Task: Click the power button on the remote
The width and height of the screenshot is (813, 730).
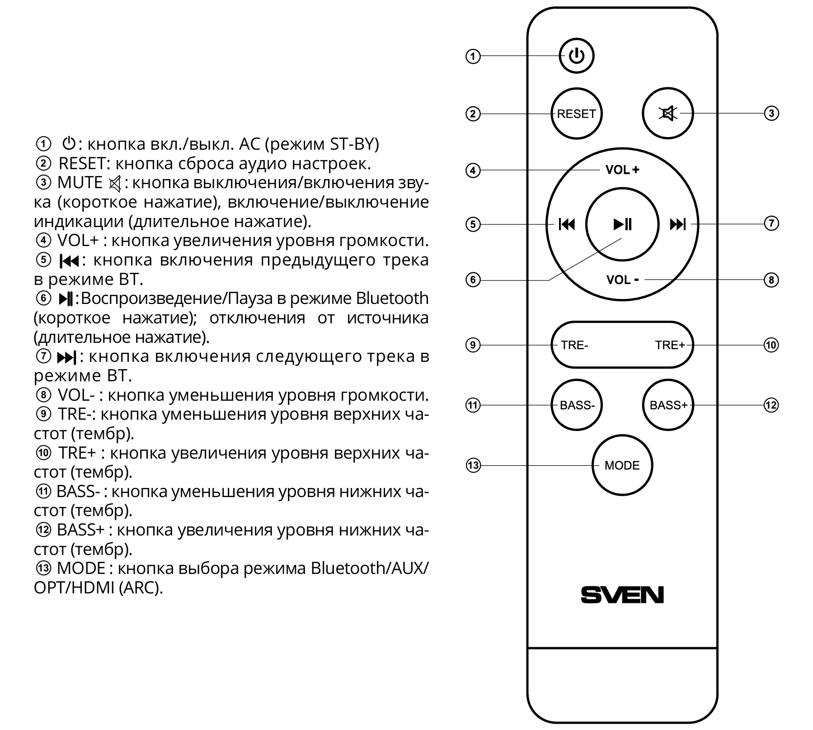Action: pyautogui.click(x=576, y=56)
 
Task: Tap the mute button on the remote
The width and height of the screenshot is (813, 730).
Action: pyautogui.click(x=667, y=113)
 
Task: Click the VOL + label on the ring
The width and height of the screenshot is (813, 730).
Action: pyautogui.click(x=622, y=170)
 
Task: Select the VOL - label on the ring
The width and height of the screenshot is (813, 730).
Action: pyautogui.click(x=622, y=280)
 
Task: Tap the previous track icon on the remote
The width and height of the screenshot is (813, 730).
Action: pyautogui.click(x=567, y=224)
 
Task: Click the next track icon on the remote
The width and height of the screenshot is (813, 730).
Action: pyautogui.click(x=678, y=224)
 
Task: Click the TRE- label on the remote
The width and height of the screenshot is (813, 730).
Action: pyautogui.click(x=574, y=345)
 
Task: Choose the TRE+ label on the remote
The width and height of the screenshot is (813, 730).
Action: pyautogui.click(x=670, y=345)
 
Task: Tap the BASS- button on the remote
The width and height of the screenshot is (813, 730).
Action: pyautogui.click(x=577, y=405)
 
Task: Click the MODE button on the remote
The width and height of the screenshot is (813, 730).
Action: pyautogui.click(x=622, y=465)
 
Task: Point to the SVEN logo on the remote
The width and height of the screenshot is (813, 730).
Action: pyautogui.click(x=622, y=594)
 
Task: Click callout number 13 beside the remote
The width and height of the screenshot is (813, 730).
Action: pyautogui.click(x=473, y=465)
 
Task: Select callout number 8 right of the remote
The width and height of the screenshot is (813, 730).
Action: pyautogui.click(x=771, y=280)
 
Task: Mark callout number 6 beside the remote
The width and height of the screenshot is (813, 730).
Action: pyautogui.click(x=473, y=280)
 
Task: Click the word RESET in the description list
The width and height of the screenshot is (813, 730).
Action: pyautogui.click(x=81, y=163)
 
